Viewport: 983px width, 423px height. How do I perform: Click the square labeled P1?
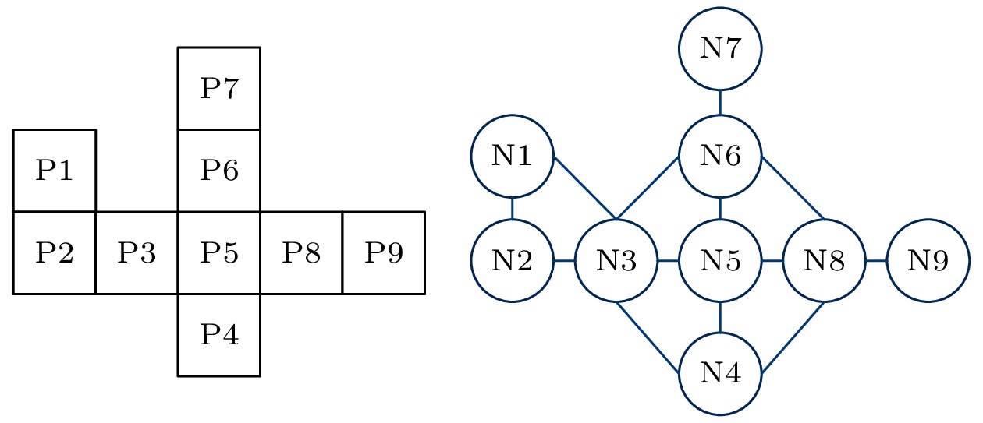tap(55, 170)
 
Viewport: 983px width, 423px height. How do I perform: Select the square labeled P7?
tap(219, 88)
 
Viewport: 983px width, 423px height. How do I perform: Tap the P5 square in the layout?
tap(219, 252)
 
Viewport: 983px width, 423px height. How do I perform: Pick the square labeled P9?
tap(384, 252)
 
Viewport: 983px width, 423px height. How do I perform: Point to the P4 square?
tap(219, 335)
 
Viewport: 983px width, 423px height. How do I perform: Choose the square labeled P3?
tap(137, 252)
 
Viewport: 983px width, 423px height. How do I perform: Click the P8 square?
tap(301, 252)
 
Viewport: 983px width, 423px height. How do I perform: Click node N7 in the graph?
tap(720, 48)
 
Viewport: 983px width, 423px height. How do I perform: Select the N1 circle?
tap(512, 156)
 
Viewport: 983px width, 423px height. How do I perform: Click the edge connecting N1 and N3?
tap(585, 189)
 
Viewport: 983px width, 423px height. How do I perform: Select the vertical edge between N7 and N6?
tap(720, 102)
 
